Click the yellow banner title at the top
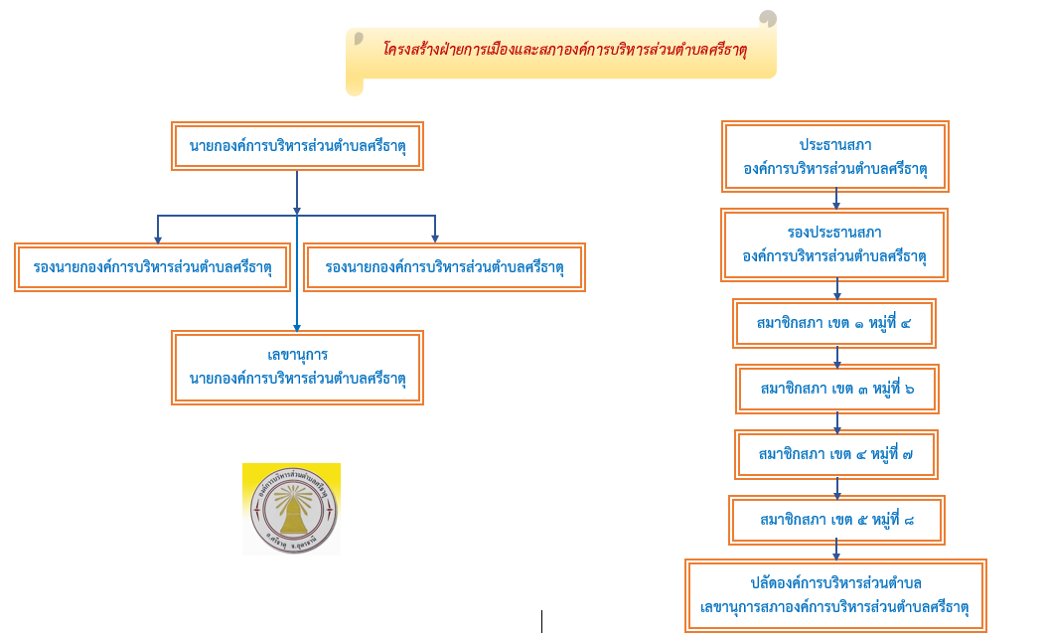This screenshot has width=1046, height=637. tap(563, 50)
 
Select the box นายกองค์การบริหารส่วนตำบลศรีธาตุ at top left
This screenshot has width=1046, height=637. tap(298, 147)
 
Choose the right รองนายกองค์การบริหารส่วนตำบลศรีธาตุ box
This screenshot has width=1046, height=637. tap(444, 267)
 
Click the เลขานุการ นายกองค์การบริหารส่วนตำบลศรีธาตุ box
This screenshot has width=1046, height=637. tap(298, 367)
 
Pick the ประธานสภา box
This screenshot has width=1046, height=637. tap(835, 157)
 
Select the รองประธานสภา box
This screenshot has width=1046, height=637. tap(835, 244)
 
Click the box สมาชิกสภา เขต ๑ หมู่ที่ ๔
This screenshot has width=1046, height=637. tap(834, 323)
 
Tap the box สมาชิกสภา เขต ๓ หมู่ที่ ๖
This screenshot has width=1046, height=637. tap(836, 389)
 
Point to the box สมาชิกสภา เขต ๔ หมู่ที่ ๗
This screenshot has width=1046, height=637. tap(835, 454)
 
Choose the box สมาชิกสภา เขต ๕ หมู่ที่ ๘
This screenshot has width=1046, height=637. tap(835, 520)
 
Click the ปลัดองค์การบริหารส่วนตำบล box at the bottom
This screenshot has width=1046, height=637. tap(835, 594)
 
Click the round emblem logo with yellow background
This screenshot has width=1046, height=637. tap(291, 509)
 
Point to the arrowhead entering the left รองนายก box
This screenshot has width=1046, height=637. tap(158, 238)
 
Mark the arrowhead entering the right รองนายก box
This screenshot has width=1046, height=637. tap(435, 238)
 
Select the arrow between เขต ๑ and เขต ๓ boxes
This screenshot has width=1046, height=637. tap(837, 359)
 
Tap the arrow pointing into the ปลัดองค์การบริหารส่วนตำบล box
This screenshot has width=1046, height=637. tap(836, 553)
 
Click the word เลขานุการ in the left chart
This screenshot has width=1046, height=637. tap(298, 355)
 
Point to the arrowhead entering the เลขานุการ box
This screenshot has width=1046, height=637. tap(296, 327)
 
